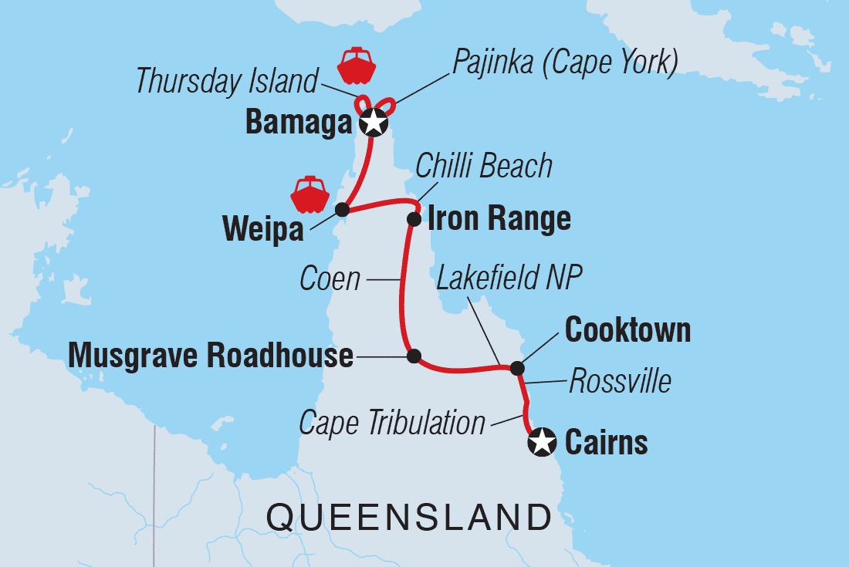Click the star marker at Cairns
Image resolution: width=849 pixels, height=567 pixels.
(x=542, y=442)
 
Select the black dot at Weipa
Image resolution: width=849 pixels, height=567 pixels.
(x=342, y=209)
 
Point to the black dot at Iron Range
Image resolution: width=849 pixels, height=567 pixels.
(x=414, y=219)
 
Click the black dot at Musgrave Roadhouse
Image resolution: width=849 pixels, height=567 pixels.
(x=414, y=356)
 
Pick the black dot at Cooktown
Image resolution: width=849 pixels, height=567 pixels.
(x=516, y=369)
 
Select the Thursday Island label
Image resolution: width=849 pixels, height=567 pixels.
(x=227, y=81)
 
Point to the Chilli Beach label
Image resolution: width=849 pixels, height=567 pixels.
(x=484, y=166)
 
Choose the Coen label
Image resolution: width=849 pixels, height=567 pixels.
(x=330, y=278)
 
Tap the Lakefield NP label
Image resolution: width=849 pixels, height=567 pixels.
(x=509, y=278)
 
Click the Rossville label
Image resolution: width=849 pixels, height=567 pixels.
(x=620, y=381)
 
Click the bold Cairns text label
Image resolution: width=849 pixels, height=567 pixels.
(x=607, y=443)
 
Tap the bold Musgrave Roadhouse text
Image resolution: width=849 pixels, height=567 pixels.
(x=211, y=356)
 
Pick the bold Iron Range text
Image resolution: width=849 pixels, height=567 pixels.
(x=499, y=219)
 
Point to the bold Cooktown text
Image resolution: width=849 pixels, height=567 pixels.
(x=627, y=330)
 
